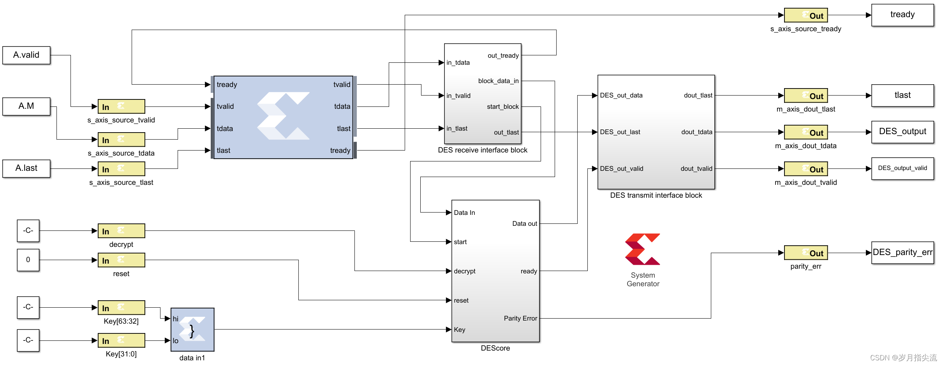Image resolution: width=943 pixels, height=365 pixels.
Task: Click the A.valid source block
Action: click(26, 55)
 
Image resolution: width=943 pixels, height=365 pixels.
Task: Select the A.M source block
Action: click(26, 106)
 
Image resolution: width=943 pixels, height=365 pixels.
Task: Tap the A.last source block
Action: click(26, 168)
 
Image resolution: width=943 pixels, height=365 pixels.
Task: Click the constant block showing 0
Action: click(28, 260)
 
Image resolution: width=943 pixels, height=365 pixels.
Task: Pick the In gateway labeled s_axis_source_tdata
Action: click(121, 140)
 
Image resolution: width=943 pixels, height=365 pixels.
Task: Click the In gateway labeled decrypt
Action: click(121, 231)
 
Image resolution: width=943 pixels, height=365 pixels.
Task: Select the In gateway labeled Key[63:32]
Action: click(121, 308)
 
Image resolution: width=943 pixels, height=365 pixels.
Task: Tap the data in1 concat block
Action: click(192, 330)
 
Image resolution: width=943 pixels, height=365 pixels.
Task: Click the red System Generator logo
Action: click(643, 249)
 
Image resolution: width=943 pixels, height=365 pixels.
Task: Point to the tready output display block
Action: click(902, 15)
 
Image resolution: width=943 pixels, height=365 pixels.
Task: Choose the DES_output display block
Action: click(902, 132)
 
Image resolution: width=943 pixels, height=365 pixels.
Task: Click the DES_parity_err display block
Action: click(902, 252)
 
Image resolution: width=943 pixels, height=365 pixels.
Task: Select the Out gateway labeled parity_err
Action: click(806, 253)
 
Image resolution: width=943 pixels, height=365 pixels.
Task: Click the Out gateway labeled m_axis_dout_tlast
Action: click(806, 96)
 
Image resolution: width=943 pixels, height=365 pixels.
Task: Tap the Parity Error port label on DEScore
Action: click(520, 318)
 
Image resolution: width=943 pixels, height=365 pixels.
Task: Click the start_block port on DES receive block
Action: click(502, 106)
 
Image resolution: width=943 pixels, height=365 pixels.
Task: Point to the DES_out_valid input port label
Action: click(622, 168)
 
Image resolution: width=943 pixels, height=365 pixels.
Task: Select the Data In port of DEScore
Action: click(464, 213)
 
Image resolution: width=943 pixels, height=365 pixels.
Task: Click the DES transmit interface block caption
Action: click(656, 195)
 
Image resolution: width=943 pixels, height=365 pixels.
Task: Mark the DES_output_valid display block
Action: click(902, 168)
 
